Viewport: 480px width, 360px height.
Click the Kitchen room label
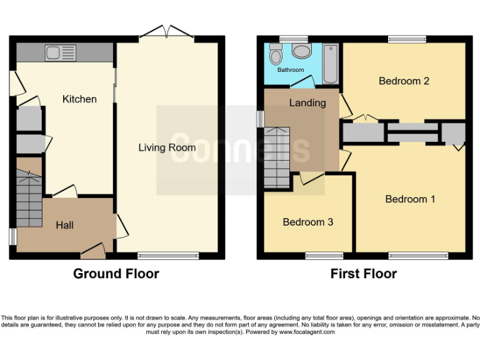79,99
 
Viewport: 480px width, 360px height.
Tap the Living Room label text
167,147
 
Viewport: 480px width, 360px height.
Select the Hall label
64,225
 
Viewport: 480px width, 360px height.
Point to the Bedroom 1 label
410,199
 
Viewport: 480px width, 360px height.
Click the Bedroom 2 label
404,81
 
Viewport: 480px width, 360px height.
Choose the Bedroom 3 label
307,222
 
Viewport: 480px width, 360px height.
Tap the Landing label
307,102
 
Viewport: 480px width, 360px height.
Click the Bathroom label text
291,70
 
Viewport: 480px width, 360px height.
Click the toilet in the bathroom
275,56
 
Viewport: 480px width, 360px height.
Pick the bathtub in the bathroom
331,63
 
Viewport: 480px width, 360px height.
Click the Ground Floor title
116,274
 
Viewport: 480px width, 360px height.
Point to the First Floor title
364,274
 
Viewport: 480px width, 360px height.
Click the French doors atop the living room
166,31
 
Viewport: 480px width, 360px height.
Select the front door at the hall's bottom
93,252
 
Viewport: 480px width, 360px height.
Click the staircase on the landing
277,157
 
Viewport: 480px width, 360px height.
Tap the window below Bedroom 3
324,255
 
